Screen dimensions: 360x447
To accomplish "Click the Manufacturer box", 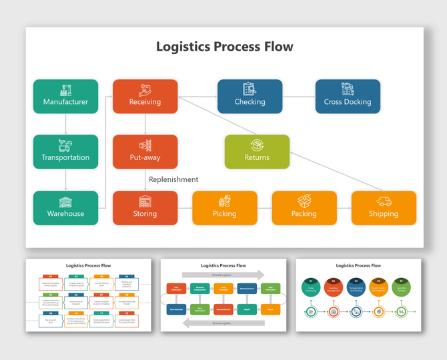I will [65, 96].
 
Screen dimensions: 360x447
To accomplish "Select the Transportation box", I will [65, 151].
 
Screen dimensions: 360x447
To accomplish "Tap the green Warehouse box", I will [65, 207].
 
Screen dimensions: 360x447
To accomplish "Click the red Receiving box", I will [145, 96].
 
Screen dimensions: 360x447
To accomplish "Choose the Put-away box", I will [145, 151].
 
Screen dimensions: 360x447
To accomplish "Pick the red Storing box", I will [145, 207].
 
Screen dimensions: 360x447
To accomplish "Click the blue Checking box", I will [250, 96].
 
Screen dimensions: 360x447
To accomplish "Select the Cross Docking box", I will [348, 96].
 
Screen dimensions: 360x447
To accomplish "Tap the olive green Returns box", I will [257, 151].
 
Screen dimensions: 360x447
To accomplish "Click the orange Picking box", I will [224, 207].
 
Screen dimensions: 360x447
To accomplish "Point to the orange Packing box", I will [304, 207].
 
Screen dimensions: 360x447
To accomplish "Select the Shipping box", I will [384, 207].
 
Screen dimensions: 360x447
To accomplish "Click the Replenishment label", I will [173, 179].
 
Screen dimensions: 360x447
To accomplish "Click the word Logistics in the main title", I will [183, 47].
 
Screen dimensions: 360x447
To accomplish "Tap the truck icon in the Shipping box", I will [384, 201].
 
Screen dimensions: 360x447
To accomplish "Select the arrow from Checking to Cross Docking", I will [298, 97].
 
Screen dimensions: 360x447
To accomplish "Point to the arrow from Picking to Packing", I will [264, 208].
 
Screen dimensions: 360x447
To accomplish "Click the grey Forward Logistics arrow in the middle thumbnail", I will [223, 274].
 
